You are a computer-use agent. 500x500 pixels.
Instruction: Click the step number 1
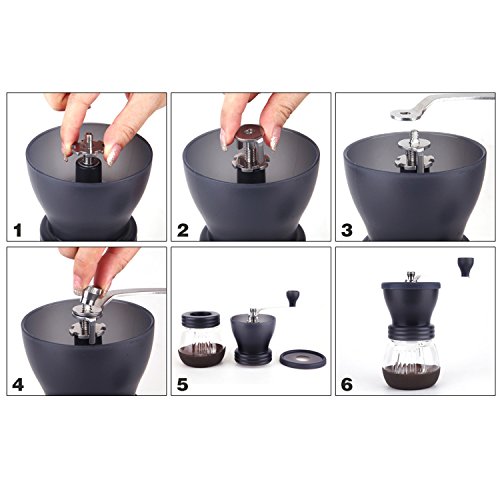[17, 230]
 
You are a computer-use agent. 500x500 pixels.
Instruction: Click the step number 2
[183, 230]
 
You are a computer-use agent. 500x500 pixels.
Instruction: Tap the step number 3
[347, 230]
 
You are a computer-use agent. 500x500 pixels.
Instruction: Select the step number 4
[18, 385]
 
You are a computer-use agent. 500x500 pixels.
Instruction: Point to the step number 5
[183, 385]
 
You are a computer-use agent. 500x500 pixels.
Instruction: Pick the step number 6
[347, 385]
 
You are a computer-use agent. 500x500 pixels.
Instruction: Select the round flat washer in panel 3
[414, 144]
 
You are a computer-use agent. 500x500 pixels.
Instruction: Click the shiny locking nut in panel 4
[91, 295]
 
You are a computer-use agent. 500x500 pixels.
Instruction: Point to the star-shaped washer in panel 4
[87, 329]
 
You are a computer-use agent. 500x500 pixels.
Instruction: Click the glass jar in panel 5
[201, 341]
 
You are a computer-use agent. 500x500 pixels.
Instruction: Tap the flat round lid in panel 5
[303, 359]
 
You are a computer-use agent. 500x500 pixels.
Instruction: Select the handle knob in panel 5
[292, 298]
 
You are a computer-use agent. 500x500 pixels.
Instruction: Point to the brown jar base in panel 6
[411, 377]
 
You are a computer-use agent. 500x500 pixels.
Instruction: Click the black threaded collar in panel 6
[411, 332]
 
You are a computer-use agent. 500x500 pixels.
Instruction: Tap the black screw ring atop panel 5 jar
[201, 318]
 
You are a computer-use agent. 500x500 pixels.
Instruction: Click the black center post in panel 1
[89, 171]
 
